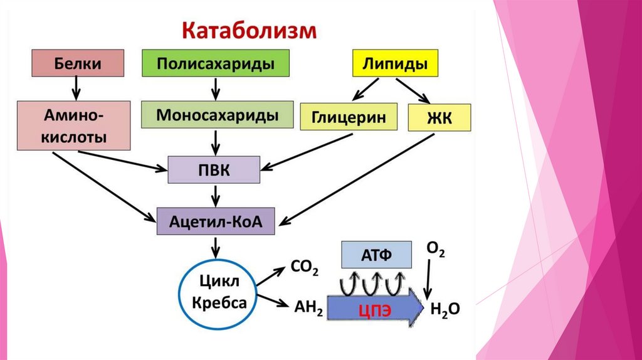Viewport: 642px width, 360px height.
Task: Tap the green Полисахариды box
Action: (x=216, y=64)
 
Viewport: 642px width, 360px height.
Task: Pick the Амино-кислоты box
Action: (x=73, y=125)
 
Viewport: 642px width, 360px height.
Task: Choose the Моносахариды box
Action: (x=218, y=115)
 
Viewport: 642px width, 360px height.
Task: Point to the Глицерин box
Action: (x=349, y=118)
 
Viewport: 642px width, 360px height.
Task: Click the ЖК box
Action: (x=439, y=118)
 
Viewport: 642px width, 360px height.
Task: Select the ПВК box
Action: (x=214, y=170)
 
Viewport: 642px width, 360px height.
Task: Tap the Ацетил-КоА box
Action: (x=214, y=220)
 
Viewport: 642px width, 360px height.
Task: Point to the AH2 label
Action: (x=307, y=309)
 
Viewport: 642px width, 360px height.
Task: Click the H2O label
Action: (x=445, y=309)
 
